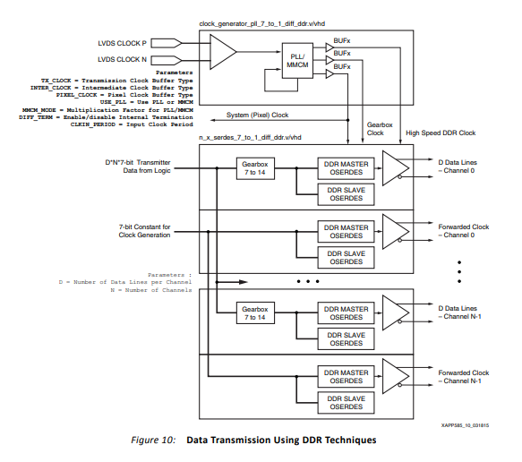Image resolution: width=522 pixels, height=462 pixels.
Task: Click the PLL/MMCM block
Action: [295, 59]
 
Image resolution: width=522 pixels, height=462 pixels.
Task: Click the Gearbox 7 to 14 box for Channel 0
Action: [255, 168]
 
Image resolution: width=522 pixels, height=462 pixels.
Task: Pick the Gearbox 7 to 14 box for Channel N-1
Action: [255, 313]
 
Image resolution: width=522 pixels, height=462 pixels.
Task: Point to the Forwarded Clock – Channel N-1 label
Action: [463, 376]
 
